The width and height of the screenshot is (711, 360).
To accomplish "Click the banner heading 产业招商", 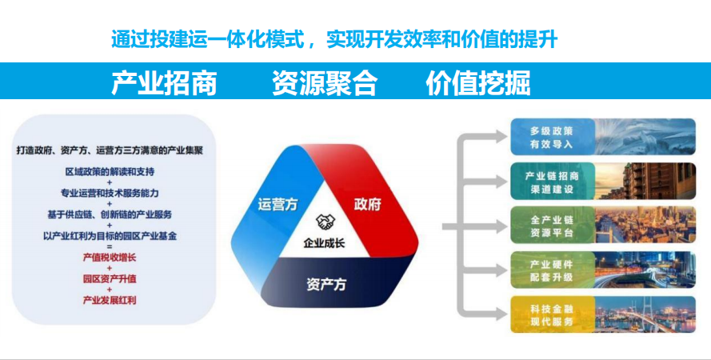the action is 164,82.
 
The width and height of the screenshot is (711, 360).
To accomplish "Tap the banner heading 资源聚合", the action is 325,82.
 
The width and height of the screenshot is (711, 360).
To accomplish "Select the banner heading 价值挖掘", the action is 478,82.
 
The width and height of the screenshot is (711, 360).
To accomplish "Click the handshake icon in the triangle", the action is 326,222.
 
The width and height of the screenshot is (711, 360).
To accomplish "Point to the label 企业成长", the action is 324,243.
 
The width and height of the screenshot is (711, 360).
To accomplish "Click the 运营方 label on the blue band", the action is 278,205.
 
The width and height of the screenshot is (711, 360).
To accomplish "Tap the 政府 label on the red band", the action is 367,205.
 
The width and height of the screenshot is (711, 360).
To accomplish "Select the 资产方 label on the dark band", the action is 326,284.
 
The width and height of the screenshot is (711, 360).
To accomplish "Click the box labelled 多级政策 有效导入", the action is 603,137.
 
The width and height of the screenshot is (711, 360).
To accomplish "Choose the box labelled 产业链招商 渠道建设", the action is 603,182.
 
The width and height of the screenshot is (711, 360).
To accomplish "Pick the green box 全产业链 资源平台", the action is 603,226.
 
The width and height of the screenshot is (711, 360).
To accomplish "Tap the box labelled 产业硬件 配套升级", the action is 603,270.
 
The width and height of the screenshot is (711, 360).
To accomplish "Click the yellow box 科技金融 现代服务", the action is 603,314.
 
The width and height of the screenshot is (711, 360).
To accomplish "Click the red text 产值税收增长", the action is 110,258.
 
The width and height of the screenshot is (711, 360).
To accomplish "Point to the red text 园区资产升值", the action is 110,279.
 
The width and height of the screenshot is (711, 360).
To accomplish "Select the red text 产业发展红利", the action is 110,300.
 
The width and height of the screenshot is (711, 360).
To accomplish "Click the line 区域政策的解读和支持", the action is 110,172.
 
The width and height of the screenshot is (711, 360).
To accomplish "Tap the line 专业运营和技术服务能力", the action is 110,193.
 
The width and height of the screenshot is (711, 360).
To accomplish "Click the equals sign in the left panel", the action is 110,246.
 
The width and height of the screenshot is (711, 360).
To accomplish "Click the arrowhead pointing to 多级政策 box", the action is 500,137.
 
